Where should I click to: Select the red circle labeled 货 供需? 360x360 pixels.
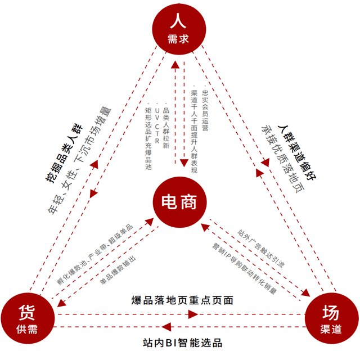pyautogui.click(x=26, y=318)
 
